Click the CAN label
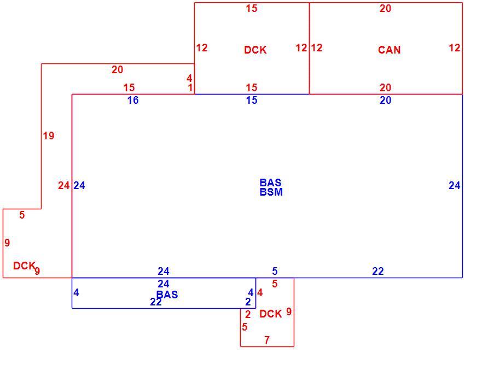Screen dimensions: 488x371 point(389,50)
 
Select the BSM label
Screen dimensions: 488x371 point(271,192)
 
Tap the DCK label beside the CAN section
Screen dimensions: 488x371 point(255,50)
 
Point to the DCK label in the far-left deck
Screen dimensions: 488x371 point(24,266)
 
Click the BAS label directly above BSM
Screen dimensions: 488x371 point(270,182)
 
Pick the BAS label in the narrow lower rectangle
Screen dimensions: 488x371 point(167,295)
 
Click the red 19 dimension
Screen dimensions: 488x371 point(49,136)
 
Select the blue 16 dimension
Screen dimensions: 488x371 point(133,100)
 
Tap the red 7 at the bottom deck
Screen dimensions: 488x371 point(267,340)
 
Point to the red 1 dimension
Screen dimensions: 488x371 point(190,87)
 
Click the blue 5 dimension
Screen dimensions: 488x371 point(275,271)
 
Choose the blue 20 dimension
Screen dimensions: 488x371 point(385,100)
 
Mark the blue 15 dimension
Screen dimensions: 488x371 point(252,100)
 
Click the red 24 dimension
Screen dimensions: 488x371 point(64,185)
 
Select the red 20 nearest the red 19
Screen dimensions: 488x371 point(117,69)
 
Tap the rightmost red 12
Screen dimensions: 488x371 point(455,48)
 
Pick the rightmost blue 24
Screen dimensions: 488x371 point(455,185)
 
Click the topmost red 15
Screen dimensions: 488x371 point(252,8)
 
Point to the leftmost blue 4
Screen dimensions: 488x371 point(76,292)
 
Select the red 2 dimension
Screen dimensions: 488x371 point(248,315)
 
